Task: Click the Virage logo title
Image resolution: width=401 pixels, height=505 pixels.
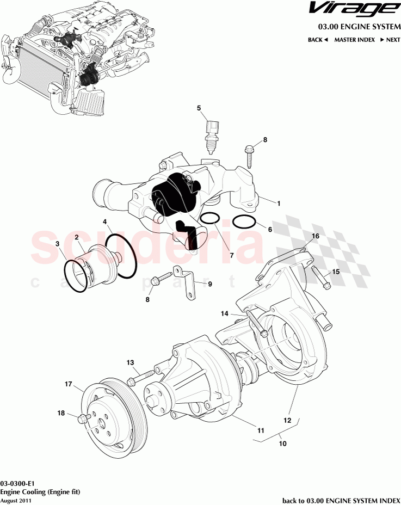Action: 352,9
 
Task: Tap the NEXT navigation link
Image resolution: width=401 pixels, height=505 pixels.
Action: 390,40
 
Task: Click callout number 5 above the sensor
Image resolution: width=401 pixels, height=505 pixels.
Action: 199,108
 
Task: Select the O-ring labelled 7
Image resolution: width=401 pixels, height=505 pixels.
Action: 209,219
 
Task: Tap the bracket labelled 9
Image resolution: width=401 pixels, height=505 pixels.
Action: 187,282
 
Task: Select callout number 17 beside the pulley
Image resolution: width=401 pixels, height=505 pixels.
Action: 69,384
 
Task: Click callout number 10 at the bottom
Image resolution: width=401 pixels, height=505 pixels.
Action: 282,444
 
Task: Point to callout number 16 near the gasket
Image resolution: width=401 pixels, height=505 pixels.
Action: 316,236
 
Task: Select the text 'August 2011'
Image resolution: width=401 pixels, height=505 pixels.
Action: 16,500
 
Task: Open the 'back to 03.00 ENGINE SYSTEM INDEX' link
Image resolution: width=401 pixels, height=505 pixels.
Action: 341,500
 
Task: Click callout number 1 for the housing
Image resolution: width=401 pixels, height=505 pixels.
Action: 278,204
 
